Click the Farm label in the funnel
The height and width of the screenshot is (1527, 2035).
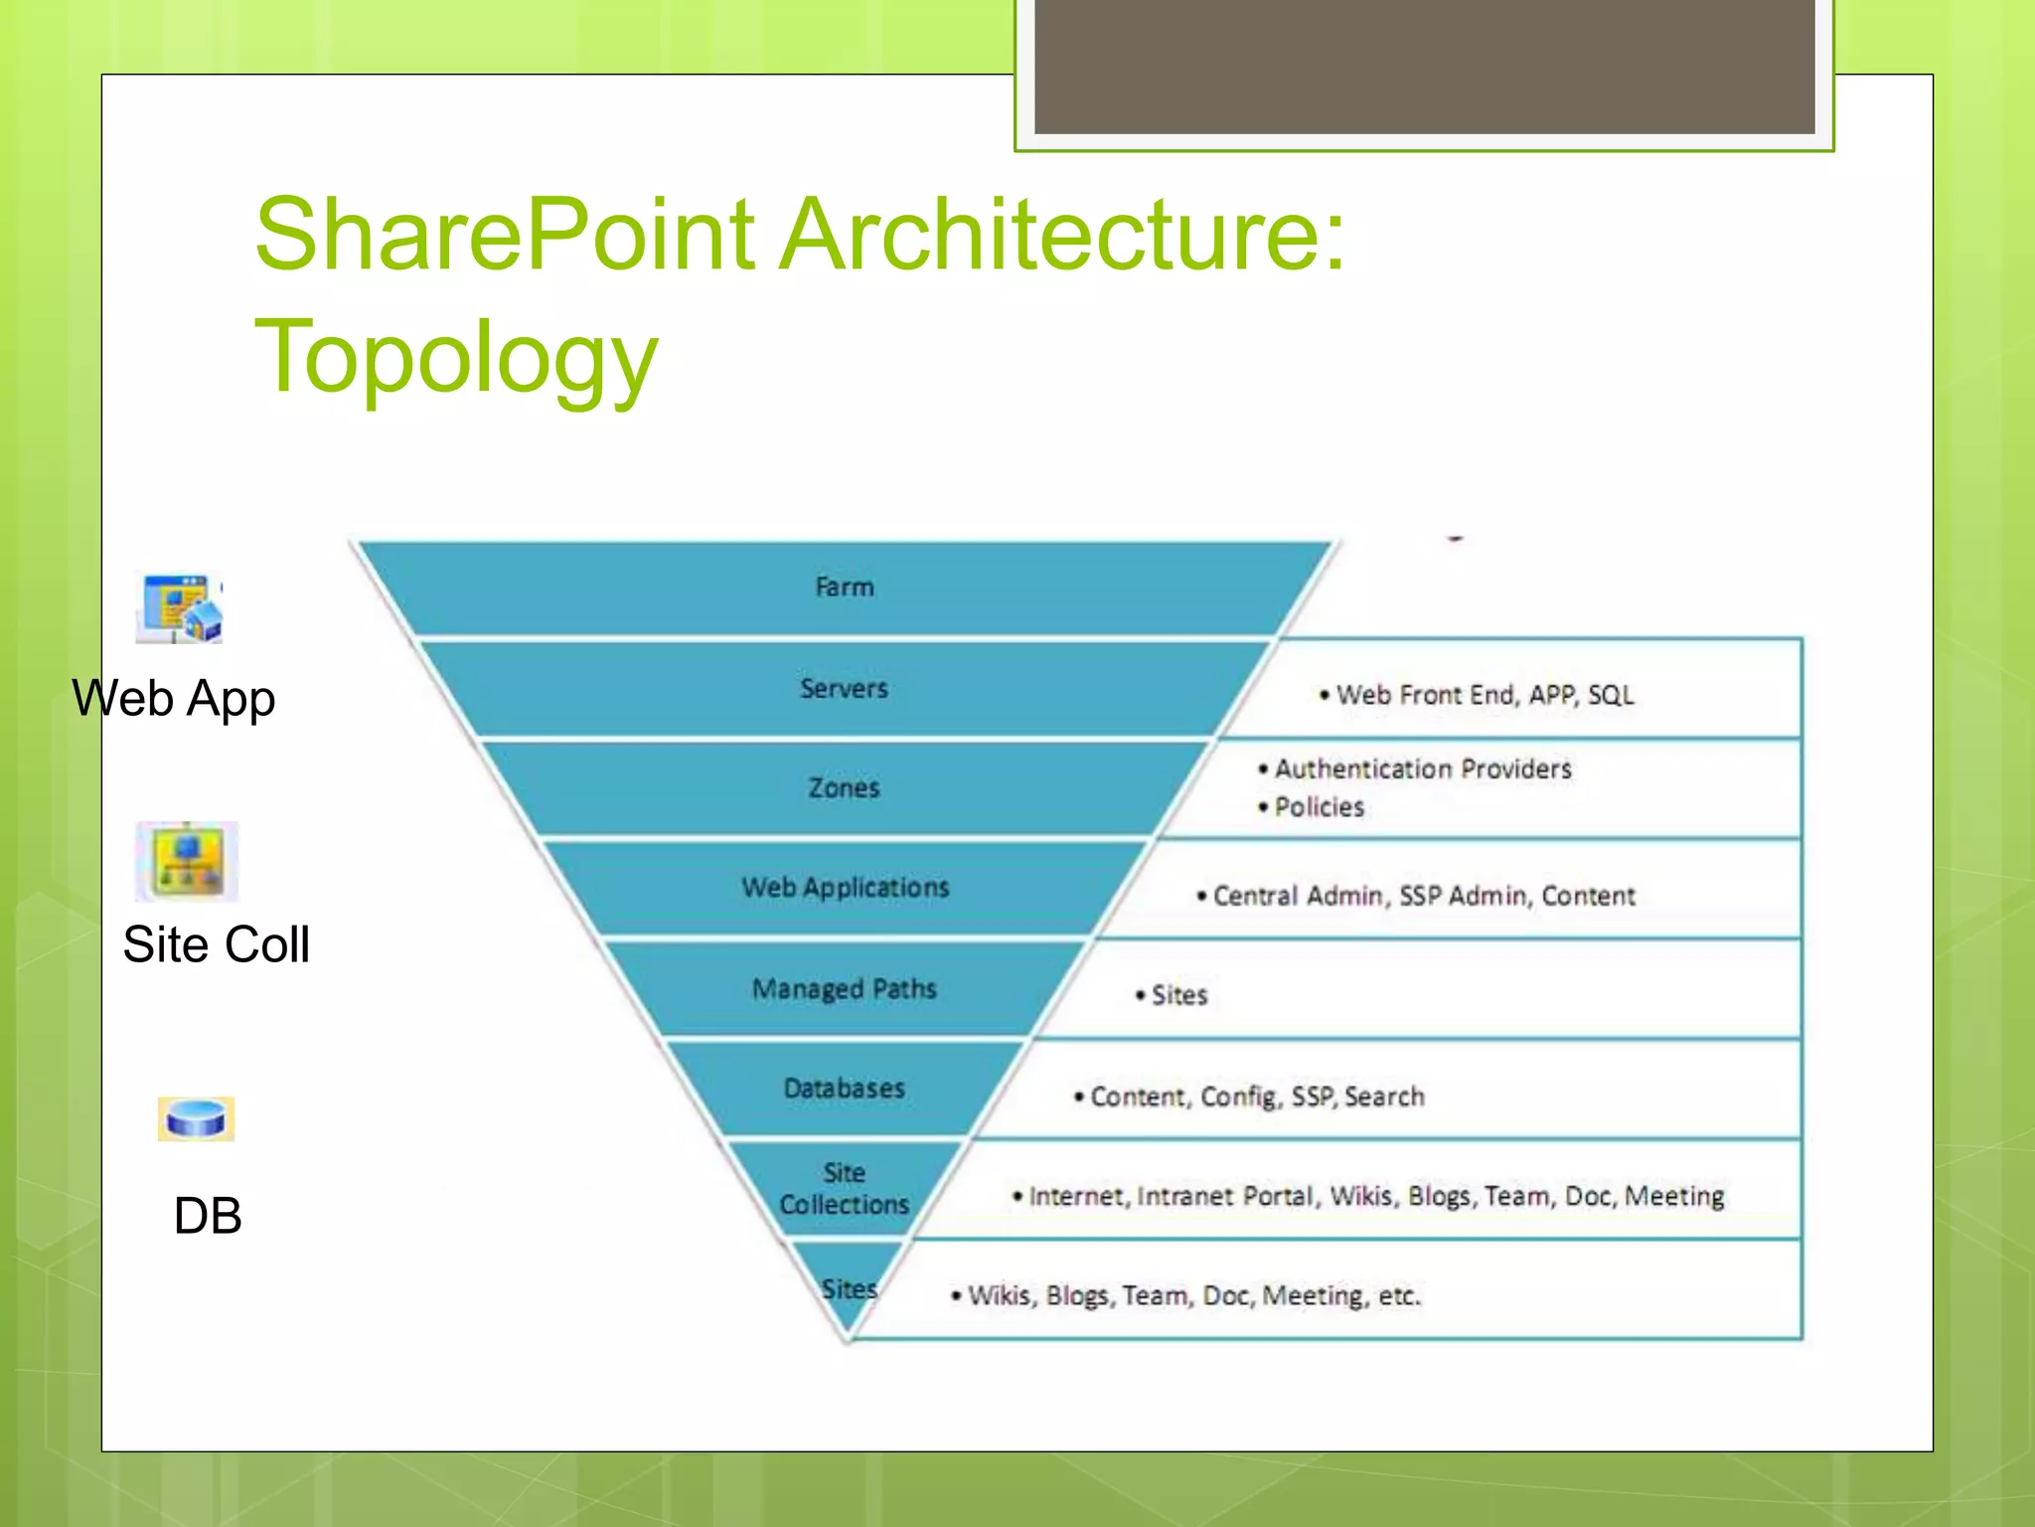point(844,588)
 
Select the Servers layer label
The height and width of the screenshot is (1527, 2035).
point(844,688)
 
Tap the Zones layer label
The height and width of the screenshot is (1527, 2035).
point(844,788)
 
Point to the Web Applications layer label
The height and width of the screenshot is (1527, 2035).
point(845,887)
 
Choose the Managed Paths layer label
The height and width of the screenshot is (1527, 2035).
point(844,989)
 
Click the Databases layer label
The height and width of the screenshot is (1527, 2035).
point(844,1089)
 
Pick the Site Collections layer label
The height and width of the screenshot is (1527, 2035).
point(844,1189)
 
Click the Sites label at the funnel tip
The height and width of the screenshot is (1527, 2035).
point(850,1289)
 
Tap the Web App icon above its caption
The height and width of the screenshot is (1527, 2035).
point(180,608)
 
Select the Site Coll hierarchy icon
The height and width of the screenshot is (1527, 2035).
point(187,861)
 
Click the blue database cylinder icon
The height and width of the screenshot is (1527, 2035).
point(196,1119)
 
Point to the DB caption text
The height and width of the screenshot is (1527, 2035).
point(208,1215)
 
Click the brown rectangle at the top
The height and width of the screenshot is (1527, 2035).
point(1424,66)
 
